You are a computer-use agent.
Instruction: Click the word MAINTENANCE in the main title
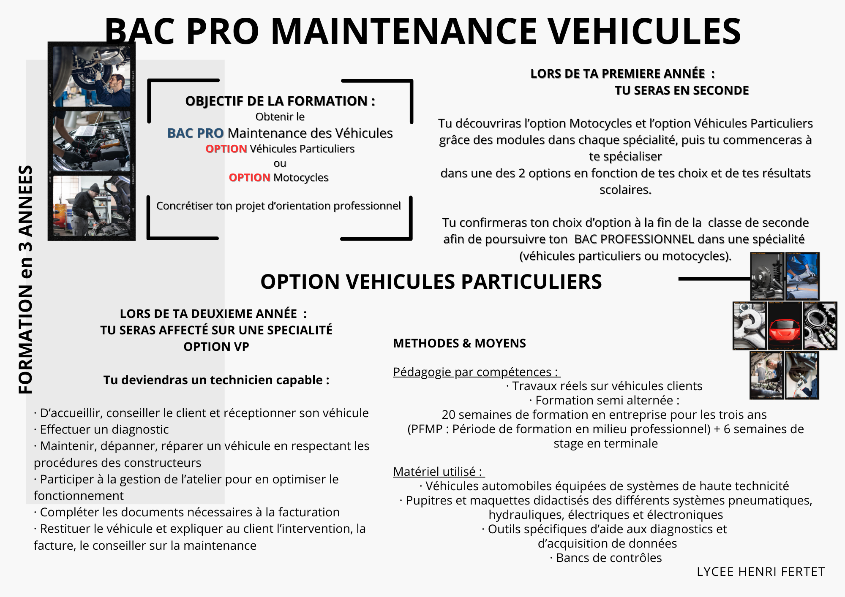(403, 32)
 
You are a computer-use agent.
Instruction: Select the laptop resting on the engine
(84, 127)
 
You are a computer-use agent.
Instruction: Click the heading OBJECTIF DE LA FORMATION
(280, 101)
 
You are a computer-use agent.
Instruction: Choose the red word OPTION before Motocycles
(249, 178)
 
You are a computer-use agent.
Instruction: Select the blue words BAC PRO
(195, 133)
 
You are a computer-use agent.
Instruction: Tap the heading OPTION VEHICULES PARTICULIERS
(431, 282)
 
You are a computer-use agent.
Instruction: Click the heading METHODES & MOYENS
(459, 343)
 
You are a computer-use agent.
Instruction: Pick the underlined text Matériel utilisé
(438, 472)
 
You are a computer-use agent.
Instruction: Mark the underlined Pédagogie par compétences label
(476, 372)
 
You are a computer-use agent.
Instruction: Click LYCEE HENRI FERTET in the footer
(760, 572)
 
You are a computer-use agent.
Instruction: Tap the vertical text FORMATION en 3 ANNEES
(25, 280)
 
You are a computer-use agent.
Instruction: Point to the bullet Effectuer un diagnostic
(101, 429)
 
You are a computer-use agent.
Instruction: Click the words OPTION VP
(216, 347)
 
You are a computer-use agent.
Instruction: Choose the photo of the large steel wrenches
(750, 326)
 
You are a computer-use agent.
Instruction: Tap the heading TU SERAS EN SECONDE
(681, 90)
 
